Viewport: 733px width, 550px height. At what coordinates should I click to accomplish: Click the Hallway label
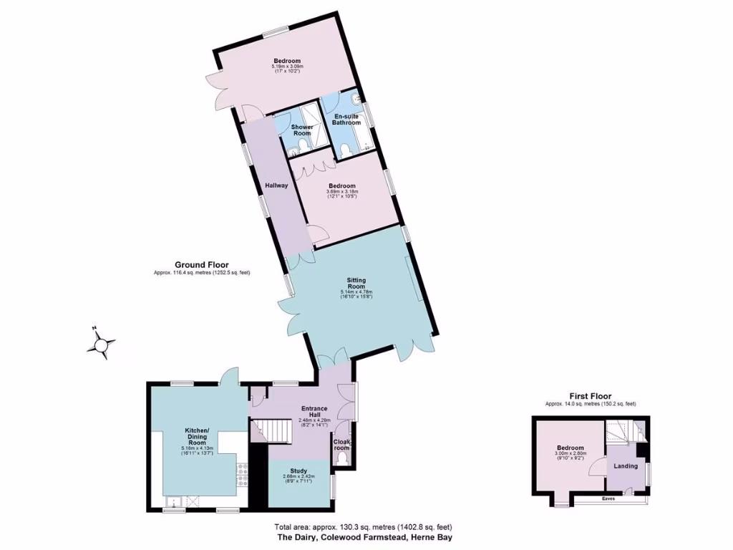point(277,185)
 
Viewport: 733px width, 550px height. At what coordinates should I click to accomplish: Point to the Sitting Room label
point(356,282)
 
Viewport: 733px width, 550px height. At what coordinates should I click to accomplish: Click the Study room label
point(298,471)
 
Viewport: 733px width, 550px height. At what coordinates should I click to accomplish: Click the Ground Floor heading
point(202,264)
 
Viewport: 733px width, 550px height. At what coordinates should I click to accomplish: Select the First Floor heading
point(591,395)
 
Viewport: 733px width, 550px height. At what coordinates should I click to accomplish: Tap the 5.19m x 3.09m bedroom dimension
point(286,67)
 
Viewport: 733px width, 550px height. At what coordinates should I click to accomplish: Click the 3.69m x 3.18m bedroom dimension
point(341,192)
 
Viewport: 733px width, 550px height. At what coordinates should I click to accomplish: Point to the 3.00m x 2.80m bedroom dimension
point(571,453)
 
